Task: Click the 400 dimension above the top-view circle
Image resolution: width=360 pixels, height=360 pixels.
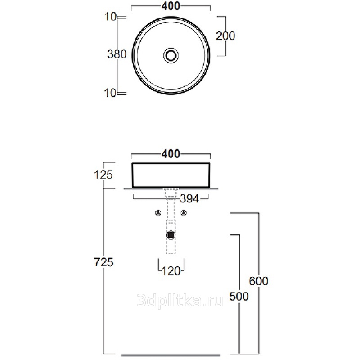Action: click(x=171, y=6)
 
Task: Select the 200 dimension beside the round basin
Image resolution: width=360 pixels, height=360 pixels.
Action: click(x=225, y=36)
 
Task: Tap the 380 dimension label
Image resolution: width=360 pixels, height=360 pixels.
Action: click(x=117, y=54)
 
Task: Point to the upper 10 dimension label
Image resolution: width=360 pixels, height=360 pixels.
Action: click(x=110, y=17)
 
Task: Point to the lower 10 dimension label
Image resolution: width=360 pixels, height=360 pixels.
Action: click(x=110, y=93)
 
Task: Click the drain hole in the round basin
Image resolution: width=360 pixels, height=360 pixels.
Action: click(x=171, y=55)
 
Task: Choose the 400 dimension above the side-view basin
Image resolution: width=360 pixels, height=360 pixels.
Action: click(x=171, y=153)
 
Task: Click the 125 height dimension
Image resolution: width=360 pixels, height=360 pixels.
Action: click(x=103, y=175)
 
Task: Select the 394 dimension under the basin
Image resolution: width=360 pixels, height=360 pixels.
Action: click(x=189, y=198)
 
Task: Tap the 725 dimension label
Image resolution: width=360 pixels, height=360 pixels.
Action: click(x=104, y=262)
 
